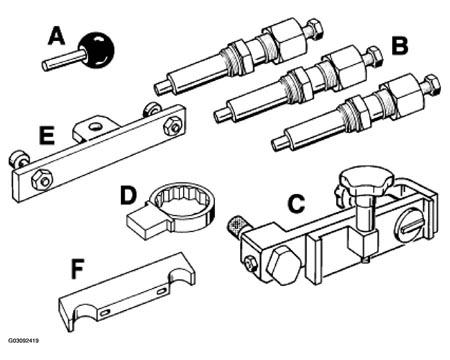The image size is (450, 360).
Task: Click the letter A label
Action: point(56,36)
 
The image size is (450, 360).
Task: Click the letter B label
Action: point(400,46)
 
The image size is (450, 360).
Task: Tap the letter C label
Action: point(296,204)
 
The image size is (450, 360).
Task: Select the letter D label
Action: point(128,195)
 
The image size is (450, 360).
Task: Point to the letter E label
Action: point(47,136)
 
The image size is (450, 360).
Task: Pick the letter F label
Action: point(77,270)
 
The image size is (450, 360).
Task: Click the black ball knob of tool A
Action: point(96,50)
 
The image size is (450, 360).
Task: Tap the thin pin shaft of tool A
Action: point(62,60)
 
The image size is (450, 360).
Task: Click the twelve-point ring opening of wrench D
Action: point(180,201)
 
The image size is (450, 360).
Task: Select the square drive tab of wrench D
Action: point(143,225)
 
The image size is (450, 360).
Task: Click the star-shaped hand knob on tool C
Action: point(366,181)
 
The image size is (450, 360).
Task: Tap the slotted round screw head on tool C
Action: point(411,229)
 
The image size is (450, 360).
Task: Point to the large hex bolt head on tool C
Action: point(284,267)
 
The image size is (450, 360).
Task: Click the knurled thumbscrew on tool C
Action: point(236,226)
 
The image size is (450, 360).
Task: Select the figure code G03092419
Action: point(23,341)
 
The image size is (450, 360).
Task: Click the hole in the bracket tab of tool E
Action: point(96,126)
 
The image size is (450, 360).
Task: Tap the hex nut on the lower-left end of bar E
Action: point(41,180)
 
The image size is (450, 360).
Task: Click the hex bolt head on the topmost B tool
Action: point(314,28)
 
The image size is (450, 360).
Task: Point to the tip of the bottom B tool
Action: point(276,144)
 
